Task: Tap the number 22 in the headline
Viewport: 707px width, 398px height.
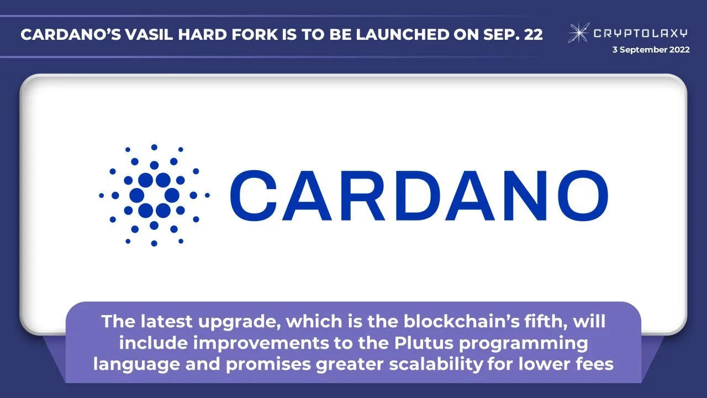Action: point(533,34)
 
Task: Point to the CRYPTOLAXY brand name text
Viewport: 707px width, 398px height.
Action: point(641,33)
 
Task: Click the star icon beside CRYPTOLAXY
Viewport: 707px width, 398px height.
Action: point(578,33)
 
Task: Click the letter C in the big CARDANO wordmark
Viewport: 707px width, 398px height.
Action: point(254,196)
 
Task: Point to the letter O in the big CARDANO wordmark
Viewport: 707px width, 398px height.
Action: point(583,196)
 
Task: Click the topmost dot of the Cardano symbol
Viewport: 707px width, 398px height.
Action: point(154,147)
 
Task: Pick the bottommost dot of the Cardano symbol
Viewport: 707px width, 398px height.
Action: point(154,243)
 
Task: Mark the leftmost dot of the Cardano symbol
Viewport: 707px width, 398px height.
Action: point(101,196)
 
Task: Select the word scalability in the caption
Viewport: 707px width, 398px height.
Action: point(436,364)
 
